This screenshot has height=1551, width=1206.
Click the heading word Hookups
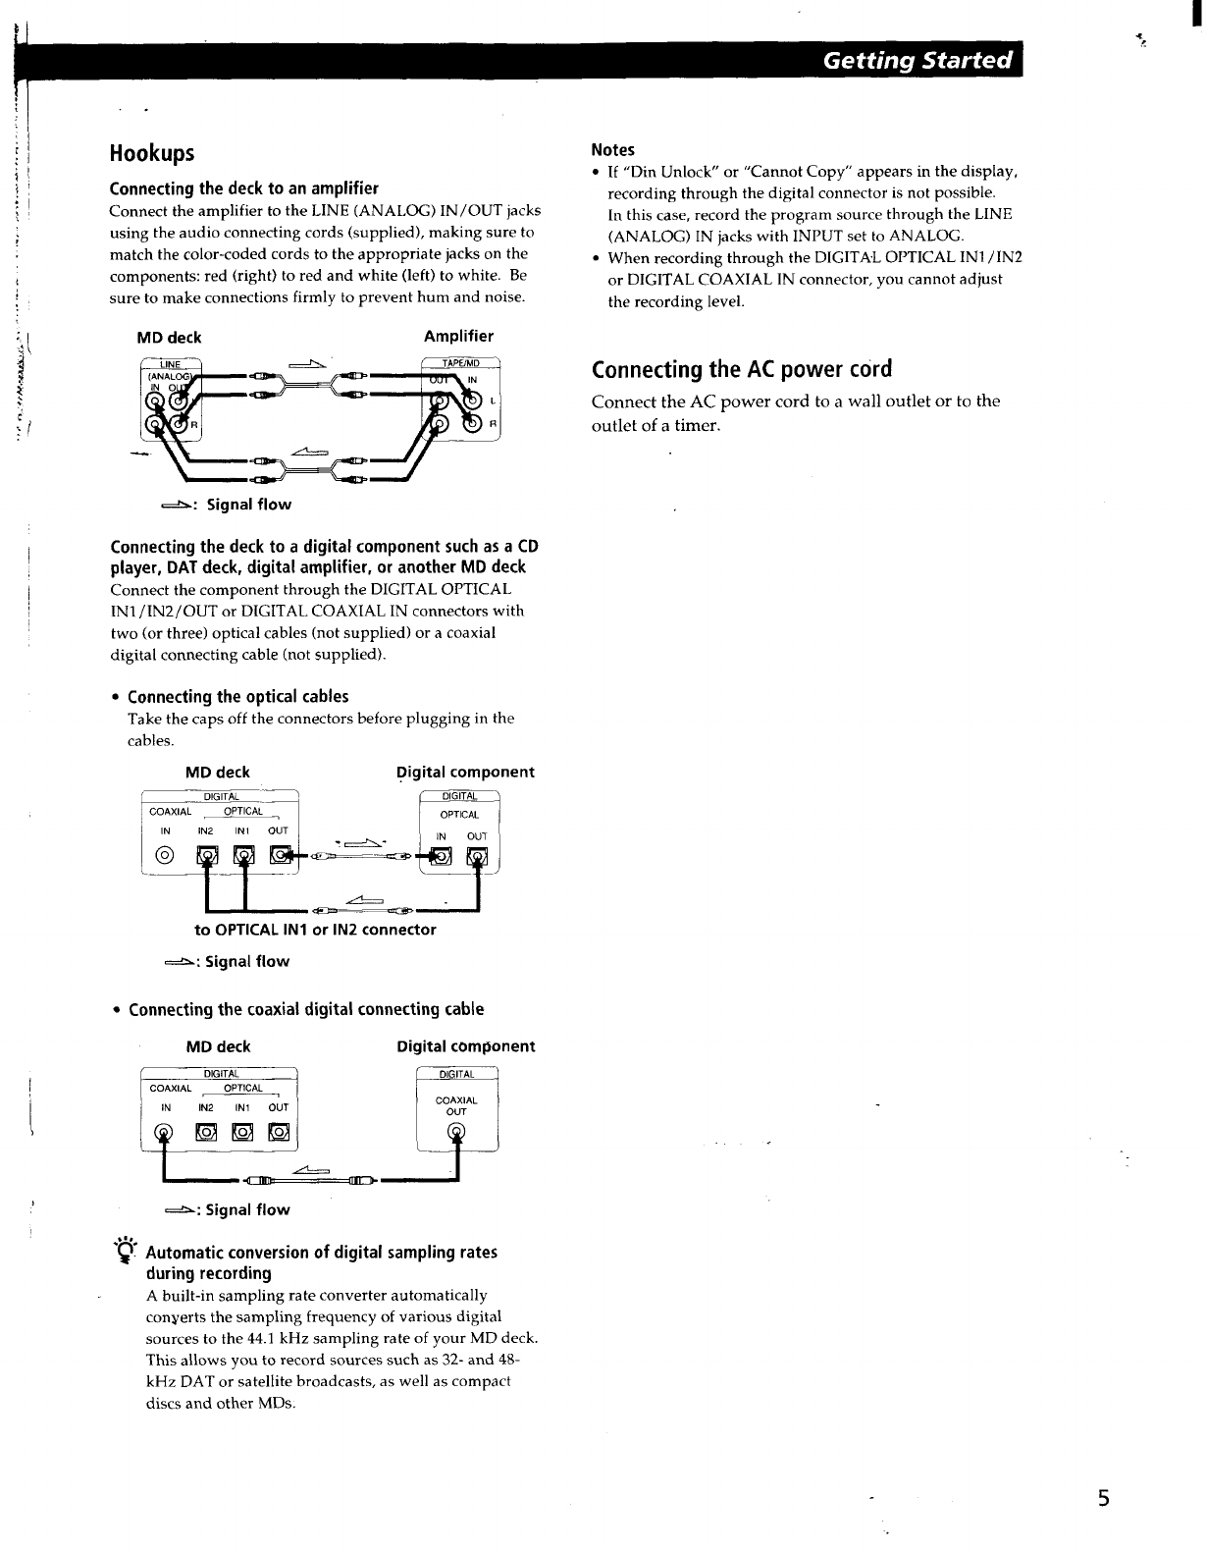(x=152, y=153)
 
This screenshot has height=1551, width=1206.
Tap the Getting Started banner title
(x=917, y=61)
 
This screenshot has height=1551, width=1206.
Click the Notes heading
(x=612, y=150)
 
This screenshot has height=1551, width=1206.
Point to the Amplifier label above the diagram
(x=458, y=337)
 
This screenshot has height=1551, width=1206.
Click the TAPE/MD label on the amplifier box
(x=459, y=361)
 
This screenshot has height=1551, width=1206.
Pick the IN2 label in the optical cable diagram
(x=206, y=830)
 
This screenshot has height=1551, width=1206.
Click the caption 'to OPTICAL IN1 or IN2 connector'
(x=315, y=930)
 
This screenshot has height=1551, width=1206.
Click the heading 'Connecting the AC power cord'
(x=742, y=370)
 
